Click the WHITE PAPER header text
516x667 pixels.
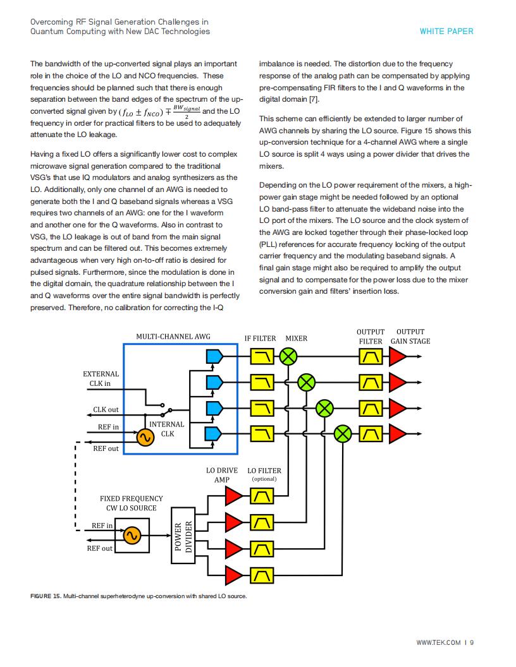tap(446, 31)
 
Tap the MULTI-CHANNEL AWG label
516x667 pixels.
tap(173, 337)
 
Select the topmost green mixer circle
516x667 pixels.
tap(288, 356)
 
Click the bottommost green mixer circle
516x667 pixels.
tap(343, 434)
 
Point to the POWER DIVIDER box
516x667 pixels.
tap(183, 535)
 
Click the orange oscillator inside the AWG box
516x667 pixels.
tap(145, 437)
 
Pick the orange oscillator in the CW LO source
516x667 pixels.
tap(132, 535)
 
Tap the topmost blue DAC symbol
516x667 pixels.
tap(214, 356)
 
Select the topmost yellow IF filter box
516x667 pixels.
tap(262, 356)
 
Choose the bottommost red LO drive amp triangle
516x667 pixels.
tap(233, 575)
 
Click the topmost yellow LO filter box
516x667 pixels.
tap(262, 496)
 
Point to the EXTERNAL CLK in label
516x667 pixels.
tap(101, 378)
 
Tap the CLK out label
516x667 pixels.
tap(106, 410)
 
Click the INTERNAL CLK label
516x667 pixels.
tap(167, 429)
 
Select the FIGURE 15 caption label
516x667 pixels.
tap(46, 596)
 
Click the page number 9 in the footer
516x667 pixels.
tap(472, 642)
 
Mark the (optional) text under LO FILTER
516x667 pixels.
tap(264, 479)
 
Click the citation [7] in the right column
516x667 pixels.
tap(314, 99)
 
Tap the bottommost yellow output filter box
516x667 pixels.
tap(371, 434)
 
